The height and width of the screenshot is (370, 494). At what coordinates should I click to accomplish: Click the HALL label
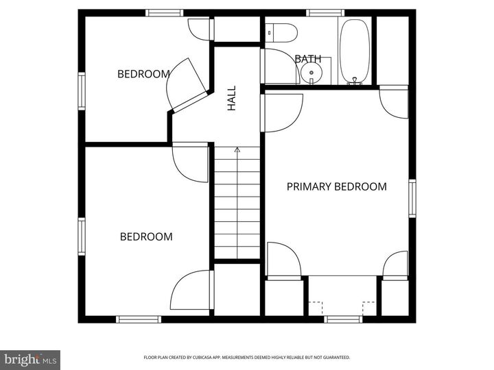click(x=232, y=98)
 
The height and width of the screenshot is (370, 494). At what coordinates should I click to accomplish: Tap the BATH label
click(x=308, y=59)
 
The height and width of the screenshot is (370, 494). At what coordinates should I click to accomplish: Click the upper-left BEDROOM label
click(x=143, y=74)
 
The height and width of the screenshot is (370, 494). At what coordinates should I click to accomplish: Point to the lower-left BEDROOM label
click(x=146, y=236)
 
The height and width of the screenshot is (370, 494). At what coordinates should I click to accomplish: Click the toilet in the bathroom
click(x=281, y=31)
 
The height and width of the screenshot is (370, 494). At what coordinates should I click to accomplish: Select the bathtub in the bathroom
click(x=354, y=49)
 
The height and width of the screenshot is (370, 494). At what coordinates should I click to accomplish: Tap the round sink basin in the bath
click(x=313, y=71)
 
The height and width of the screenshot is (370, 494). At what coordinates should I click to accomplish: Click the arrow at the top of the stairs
click(x=237, y=149)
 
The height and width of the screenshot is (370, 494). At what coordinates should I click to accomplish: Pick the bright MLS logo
click(x=30, y=359)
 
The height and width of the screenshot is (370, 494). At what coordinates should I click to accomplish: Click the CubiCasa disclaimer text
click(x=247, y=357)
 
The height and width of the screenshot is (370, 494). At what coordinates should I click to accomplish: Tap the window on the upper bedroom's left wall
click(x=82, y=92)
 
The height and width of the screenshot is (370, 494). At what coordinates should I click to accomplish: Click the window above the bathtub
click(x=325, y=12)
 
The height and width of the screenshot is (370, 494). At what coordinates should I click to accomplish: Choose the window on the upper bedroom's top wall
click(x=165, y=12)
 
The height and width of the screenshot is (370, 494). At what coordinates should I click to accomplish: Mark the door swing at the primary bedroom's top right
click(x=395, y=103)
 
